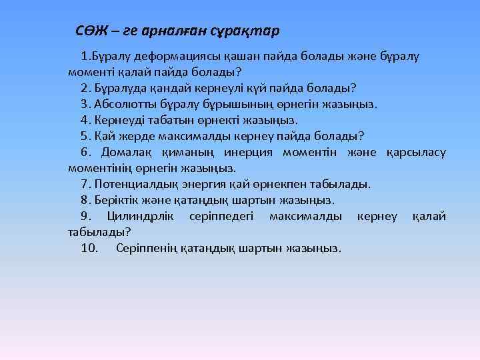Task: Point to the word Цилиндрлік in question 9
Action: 140,216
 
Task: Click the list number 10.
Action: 89,249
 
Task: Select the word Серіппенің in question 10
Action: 147,249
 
